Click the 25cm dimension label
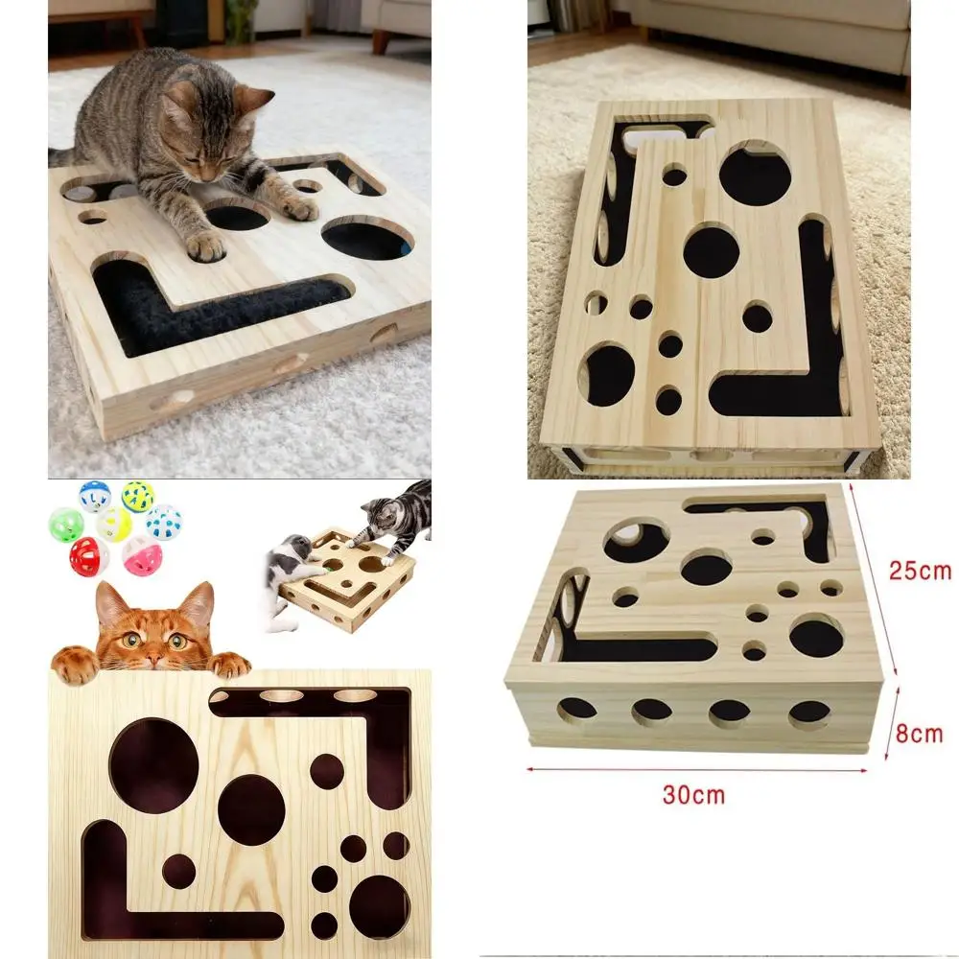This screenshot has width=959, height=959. tap(919, 571)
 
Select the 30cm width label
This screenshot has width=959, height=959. tap(694, 794)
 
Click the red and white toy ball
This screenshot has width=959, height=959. tap(89, 555)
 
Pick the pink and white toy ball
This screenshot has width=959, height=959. tap(141, 554)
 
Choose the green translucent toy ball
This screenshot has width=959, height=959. tap(65, 525)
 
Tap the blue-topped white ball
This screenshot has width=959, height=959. tap(94, 496)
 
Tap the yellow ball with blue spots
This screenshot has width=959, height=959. tap(138, 496)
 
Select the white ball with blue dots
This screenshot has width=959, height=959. tap(164, 523)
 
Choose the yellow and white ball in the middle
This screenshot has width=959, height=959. tap(114, 524)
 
